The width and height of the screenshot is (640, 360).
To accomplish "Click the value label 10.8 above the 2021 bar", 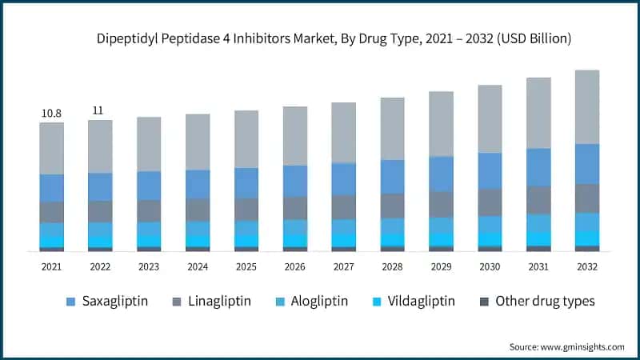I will point(51,114).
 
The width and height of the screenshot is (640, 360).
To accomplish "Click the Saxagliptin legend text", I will point(119,302).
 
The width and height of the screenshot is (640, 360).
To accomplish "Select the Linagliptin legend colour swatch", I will point(178,302).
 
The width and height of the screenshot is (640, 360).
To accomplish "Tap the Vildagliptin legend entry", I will point(408,302).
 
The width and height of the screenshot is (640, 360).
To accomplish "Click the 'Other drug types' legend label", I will point(545,302).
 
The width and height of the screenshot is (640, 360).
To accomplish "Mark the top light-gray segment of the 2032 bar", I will point(587,106).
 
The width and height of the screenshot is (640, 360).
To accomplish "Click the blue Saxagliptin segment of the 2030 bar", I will point(490,170).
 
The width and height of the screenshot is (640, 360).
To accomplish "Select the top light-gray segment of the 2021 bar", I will point(51,148).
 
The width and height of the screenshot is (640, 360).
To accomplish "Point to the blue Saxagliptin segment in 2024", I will point(198,184).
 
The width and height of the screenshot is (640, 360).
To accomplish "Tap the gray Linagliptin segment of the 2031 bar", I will point(538,200).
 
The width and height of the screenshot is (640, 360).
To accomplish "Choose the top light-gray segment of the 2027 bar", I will point(343,132).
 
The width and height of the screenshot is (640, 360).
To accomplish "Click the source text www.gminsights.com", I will point(581,346).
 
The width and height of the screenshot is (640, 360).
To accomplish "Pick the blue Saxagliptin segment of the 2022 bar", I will point(100,186).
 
